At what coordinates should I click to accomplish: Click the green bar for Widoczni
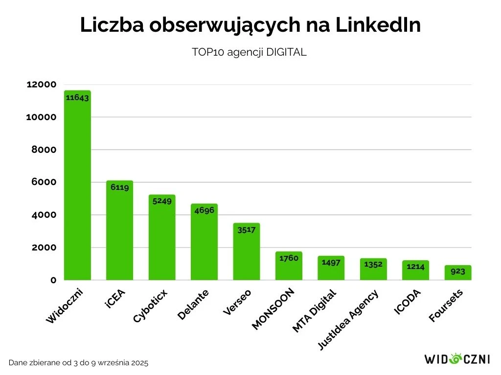pos(77,186)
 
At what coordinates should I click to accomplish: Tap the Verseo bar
pos(247,251)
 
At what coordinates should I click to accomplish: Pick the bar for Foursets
pos(458,273)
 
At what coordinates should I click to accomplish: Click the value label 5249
pos(162,201)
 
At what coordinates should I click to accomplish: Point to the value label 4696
pos(204,210)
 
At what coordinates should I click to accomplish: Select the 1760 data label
pos(289,258)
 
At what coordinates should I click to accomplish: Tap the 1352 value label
pos(373,264)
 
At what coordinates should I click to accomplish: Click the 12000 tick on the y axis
pos(42,84)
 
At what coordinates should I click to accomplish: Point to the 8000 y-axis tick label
pos(44,150)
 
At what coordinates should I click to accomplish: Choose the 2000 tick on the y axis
pos(44,248)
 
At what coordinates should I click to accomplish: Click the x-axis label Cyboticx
pos(150,306)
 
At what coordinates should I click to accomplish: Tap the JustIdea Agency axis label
pos(347,320)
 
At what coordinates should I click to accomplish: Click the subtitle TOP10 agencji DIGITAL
pos(250,53)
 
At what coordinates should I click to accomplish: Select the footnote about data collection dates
pos(78,363)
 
